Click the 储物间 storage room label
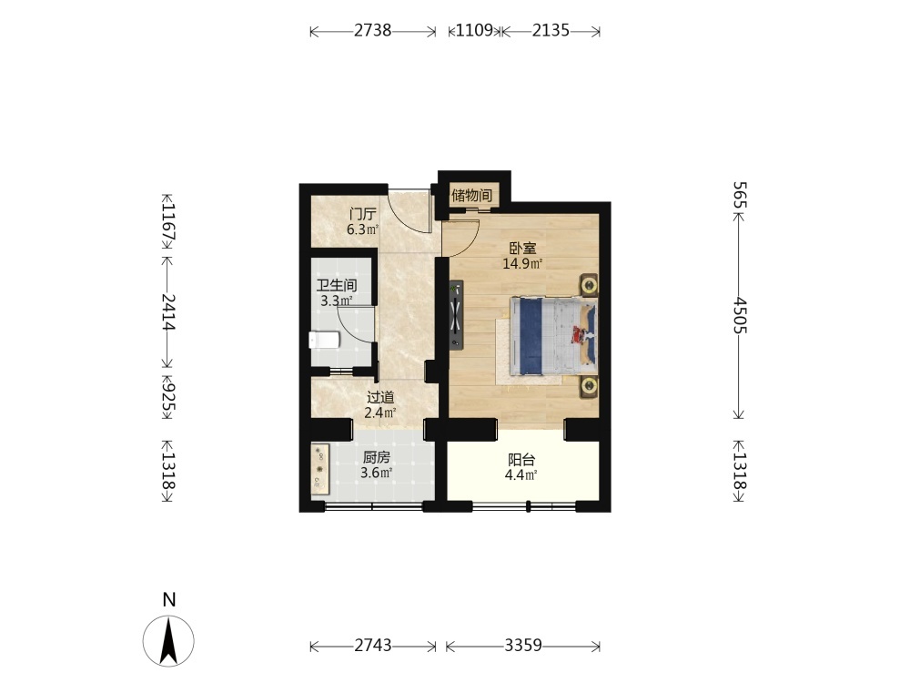471,195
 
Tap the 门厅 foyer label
363,214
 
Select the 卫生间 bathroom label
337,285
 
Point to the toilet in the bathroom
324,340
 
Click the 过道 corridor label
380,397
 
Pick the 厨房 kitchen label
377,457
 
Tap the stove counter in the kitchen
319,470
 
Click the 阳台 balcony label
521,460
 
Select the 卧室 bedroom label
523,249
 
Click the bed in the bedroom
553,336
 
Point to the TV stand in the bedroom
456,315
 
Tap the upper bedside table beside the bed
589,285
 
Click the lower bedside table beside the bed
589,386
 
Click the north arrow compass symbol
169,640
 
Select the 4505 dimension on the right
739,315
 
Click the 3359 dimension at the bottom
523,646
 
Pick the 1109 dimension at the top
474,30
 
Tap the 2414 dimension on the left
168,311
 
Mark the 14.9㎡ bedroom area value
522,264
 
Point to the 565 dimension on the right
739,195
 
